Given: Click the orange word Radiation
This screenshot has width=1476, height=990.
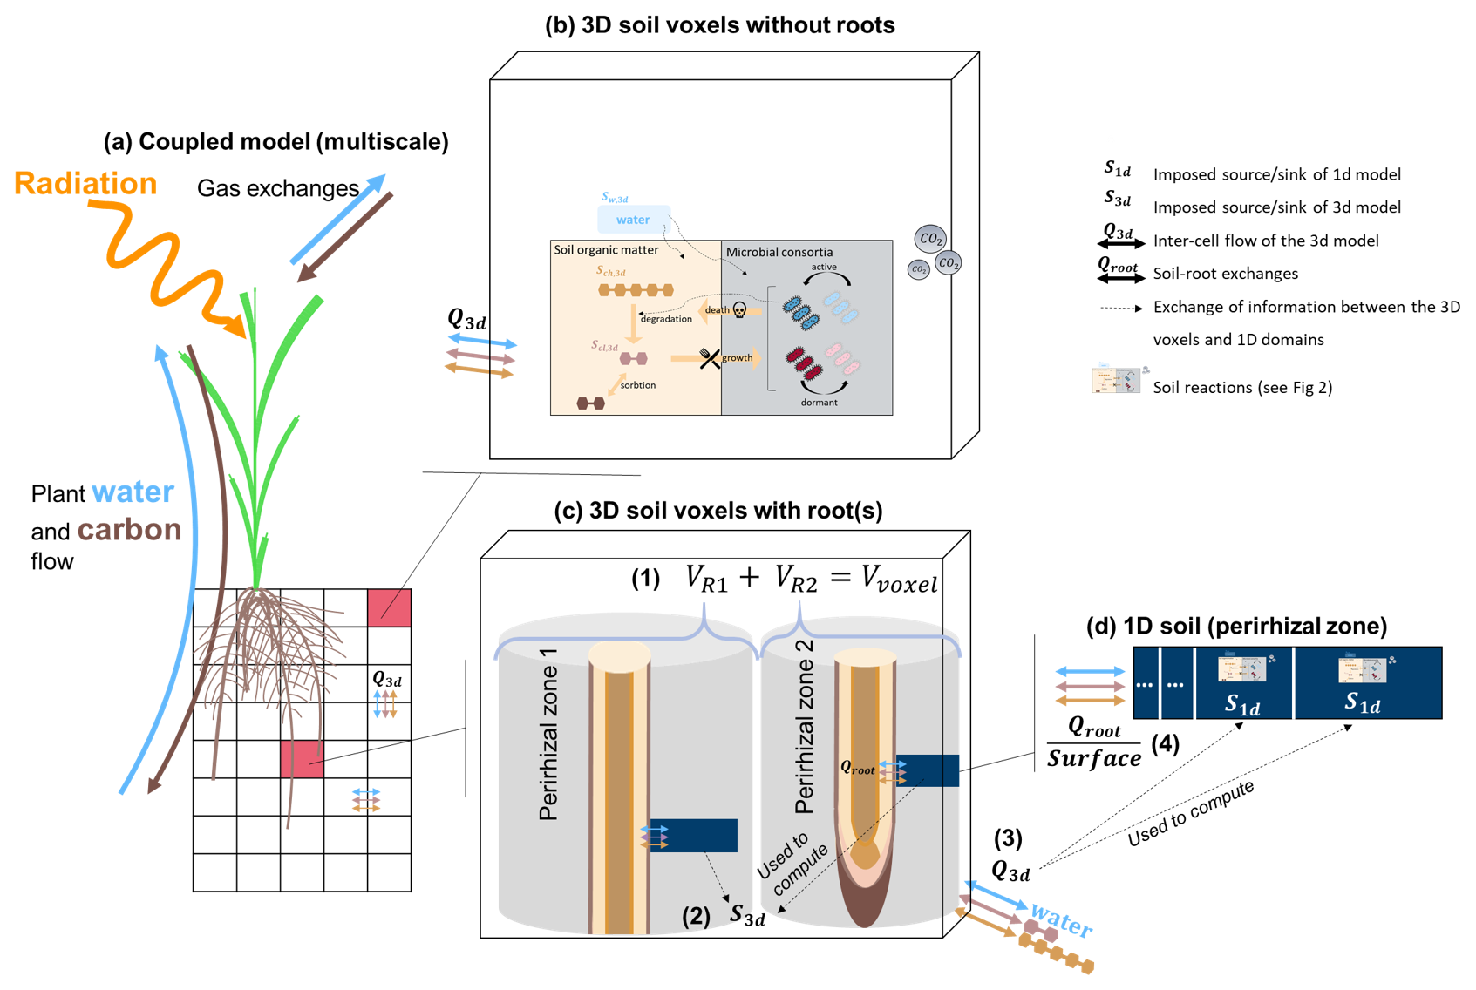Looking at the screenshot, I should pyautogui.click(x=85, y=184).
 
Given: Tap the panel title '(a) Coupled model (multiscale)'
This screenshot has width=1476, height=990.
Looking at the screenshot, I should pyautogui.click(x=275, y=142).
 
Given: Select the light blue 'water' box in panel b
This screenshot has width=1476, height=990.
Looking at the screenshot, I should pyautogui.click(x=633, y=220).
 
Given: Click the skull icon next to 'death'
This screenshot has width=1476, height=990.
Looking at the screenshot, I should pyautogui.click(x=739, y=310).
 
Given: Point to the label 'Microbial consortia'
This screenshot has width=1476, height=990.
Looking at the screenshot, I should pyautogui.click(x=779, y=252).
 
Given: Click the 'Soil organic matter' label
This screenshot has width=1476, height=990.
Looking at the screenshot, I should pyautogui.click(x=606, y=250).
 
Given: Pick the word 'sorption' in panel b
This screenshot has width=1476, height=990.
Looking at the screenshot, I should pyautogui.click(x=638, y=385).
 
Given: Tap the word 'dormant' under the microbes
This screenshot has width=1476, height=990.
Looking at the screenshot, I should pyautogui.click(x=819, y=403).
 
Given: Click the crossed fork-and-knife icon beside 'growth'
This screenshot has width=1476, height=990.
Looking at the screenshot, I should pyautogui.click(x=710, y=357).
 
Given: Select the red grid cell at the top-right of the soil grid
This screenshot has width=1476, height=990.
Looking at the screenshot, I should pyautogui.click(x=389, y=607).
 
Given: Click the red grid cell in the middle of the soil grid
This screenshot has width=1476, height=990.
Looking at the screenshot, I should pyautogui.click(x=302, y=759).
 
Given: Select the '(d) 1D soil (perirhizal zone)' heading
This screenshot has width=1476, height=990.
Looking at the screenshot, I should pyautogui.click(x=1237, y=626).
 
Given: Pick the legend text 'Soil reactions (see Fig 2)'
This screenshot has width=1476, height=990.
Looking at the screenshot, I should pyautogui.click(x=1242, y=388).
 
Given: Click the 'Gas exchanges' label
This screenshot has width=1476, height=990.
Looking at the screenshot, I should pyautogui.click(x=277, y=188).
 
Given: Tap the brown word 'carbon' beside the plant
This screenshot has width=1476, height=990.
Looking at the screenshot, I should pyautogui.click(x=129, y=530).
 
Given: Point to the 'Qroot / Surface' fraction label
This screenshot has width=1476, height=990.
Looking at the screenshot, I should pyautogui.click(x=1094, y=742).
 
